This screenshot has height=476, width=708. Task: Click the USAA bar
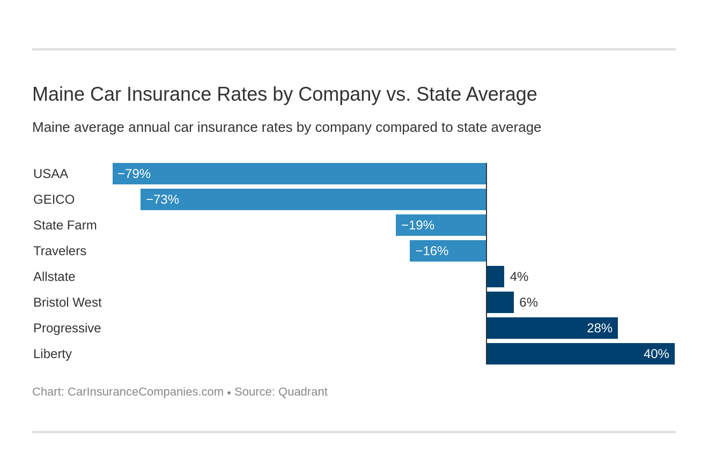pos(299,174)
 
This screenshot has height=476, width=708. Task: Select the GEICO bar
pos(313,199)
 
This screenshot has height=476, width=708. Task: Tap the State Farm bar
pos(441,225)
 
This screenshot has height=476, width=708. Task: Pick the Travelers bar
pos(448,251)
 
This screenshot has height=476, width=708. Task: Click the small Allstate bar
pos(496,277)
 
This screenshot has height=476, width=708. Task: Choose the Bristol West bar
pos(500,302)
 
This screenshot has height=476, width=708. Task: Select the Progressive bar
pos(552,328)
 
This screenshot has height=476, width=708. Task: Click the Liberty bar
pos(580,354)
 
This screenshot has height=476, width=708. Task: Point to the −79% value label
pos(134,174)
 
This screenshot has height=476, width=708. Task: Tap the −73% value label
pos(163,199)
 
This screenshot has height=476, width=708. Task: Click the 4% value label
pos(519,277)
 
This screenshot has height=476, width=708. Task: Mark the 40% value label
pos(656,354)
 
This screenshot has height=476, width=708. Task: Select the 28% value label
pos(599,328)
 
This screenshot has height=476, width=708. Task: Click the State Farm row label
pos(65,225)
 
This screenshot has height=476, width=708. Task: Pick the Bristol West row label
pos(67,302)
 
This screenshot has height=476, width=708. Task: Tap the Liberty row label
pos(53,354)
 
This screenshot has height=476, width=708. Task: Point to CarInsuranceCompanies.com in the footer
pos(145,392)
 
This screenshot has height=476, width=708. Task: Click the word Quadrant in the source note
pos(303,392)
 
